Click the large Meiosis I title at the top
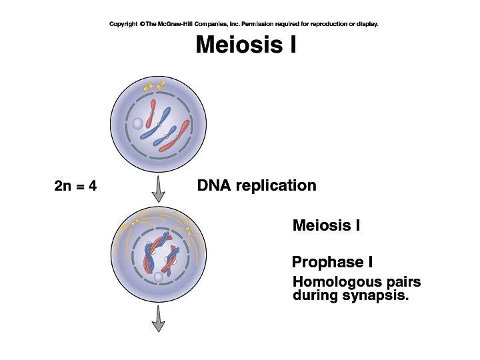pos(245,46)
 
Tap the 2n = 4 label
pos(75,186)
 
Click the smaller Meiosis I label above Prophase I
pos(326,226)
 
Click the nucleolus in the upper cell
pos(137,123)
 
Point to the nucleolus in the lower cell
pos(158,277)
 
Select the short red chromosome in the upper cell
pos(153,110)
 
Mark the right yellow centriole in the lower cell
pos(188,231)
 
